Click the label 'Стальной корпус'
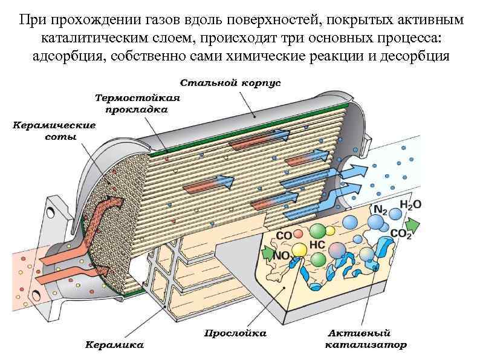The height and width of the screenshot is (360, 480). point(230,82)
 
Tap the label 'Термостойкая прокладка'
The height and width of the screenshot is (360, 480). point(138,103)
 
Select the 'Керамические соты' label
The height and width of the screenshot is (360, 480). point(54,131)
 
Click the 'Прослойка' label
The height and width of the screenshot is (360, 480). point(235,332)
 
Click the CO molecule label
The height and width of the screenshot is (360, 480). point(284,235)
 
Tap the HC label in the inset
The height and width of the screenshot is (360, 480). point(318,245)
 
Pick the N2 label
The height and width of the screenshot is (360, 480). point(381,209)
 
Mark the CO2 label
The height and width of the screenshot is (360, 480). point(402,233)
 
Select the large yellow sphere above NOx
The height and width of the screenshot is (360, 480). point(299,249)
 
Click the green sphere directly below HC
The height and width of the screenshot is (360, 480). point(318,260)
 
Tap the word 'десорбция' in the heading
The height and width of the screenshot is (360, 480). point(415,56)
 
